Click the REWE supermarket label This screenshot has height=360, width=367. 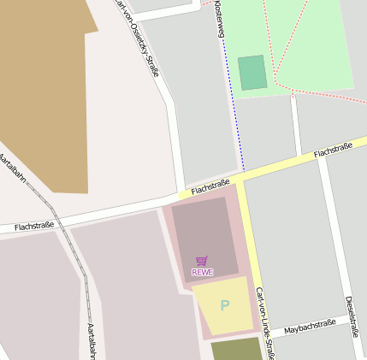(202, 272)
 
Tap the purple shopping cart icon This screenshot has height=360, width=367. (202, 260)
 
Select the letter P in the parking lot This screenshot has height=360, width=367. (225, 305)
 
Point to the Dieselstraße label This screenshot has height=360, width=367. (352, 316)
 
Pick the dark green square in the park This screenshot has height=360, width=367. (252, 73)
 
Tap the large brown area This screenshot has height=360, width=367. (47, 94)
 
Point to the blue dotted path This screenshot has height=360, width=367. (235, 111)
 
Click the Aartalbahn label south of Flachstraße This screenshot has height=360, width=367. (90, 339)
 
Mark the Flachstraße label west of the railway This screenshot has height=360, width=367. (35, 226)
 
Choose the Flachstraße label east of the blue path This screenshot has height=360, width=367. (333, 150)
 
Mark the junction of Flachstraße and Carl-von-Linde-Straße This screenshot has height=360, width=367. (244, 179)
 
